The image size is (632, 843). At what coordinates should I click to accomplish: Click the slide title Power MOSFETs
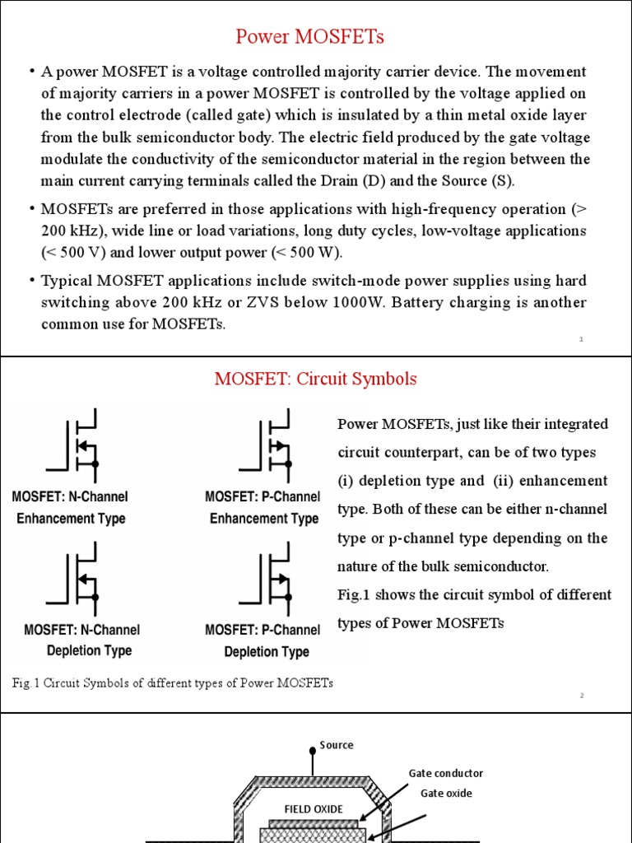click(x=310, y=37)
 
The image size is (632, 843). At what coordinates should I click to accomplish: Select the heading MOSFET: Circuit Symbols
click(x=315, y=379)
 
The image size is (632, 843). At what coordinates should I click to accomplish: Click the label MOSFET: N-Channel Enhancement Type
click(x=71, y=508)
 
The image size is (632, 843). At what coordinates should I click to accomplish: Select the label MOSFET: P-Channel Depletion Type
click(x=263, y=640)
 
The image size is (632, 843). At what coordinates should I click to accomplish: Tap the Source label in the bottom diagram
click(x=337, y=745)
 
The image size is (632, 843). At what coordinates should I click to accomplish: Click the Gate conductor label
click(x=445, y=773)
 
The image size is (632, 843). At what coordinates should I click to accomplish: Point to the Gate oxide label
click(x=447, y=793)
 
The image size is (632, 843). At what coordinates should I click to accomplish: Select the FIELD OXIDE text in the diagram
click(x=313, y=809)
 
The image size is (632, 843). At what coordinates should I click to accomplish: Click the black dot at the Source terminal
click(x=312, y=750)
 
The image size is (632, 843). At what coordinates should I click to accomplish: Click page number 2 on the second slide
click(x=581, y=696)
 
